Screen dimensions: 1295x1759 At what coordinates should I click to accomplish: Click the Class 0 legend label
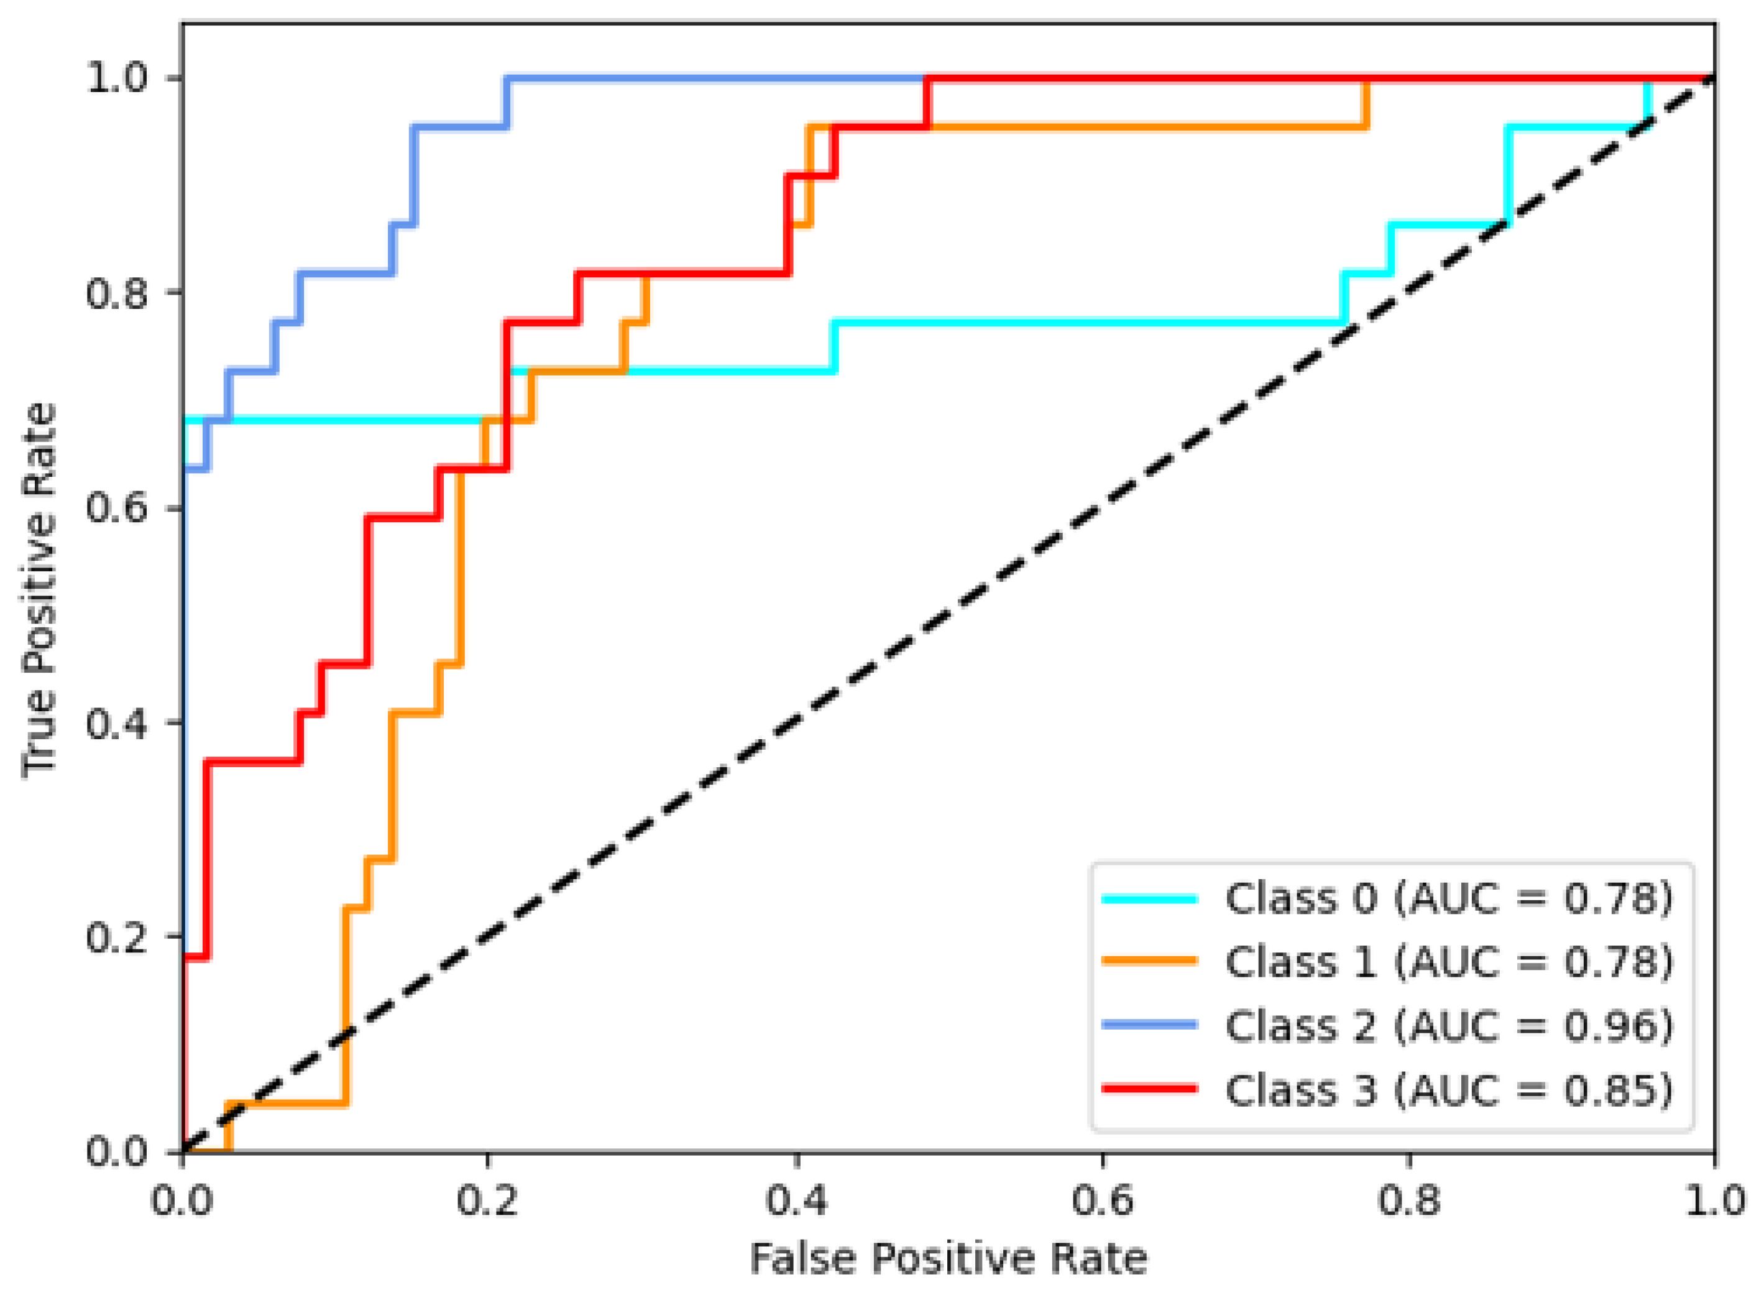[x=1448, y=898]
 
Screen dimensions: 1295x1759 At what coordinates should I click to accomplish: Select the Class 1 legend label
[x=1448, y=962]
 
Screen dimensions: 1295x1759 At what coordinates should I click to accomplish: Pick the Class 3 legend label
[x=1448, y=1090]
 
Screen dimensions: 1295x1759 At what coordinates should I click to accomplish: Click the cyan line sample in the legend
[x=1149, y=899]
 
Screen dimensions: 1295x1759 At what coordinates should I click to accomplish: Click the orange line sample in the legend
[x=1149, y=961]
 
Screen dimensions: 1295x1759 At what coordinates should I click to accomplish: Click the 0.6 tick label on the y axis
[x=117, y=508]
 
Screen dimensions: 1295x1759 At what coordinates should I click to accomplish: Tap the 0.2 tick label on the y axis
[x=117, y=937]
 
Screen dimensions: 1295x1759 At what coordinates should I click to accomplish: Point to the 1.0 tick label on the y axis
[x=117, y=78]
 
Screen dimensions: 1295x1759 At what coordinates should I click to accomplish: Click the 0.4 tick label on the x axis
[x=796, y=1201]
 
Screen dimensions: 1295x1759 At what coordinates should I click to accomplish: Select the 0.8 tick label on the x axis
[x=1410, y=1201]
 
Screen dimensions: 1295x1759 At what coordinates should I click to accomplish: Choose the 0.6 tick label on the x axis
[x=1103, y=1201]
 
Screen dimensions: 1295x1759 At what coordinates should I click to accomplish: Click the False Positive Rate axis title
[x=948, y=1260]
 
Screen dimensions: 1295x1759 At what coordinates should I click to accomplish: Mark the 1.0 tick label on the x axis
[x=1714, y=1201]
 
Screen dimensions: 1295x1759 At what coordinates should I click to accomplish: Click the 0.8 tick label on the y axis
[x=117, y=293]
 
